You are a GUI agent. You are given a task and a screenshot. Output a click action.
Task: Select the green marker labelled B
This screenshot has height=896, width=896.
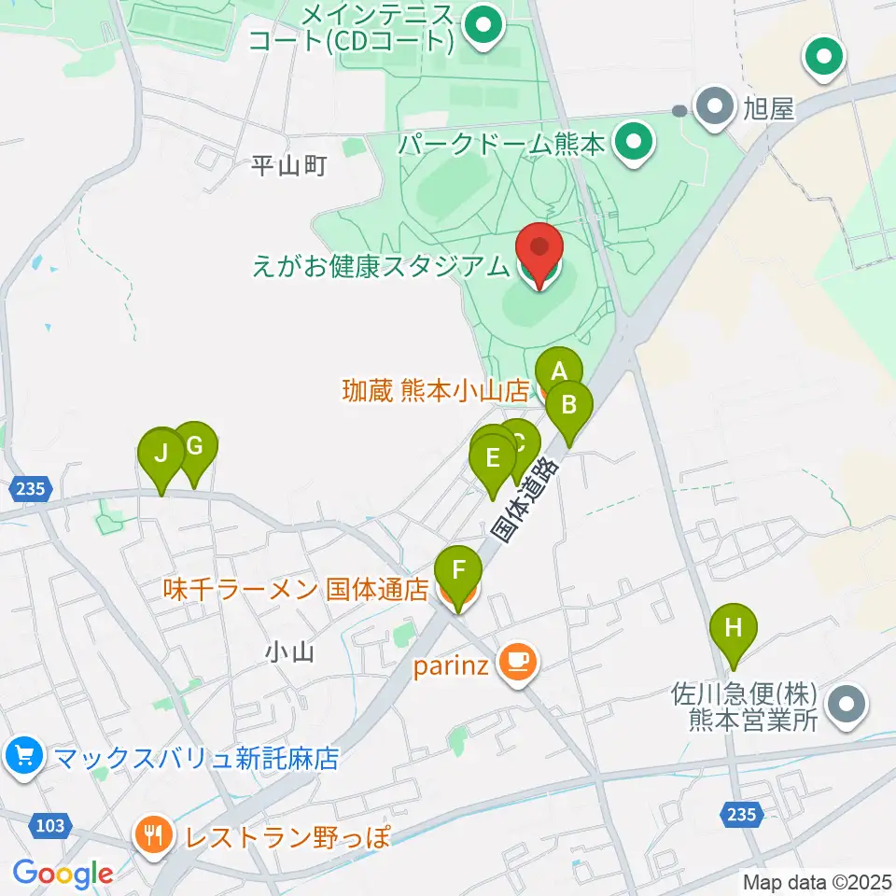coord(569,406)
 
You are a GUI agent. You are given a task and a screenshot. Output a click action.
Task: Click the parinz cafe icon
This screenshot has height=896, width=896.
coord(516,663)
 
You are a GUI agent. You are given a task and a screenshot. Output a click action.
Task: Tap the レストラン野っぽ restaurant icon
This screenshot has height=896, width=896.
coord(151,834)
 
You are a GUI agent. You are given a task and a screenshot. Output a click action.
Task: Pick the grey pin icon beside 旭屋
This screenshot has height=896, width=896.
coord(716,109)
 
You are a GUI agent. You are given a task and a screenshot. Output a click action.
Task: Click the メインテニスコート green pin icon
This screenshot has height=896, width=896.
coord(483,27)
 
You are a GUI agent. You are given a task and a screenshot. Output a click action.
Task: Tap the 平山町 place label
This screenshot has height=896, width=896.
coord(289,166)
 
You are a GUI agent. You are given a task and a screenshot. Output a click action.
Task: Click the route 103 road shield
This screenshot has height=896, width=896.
coord(53,824)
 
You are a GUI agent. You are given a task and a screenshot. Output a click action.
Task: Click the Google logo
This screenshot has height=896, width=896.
coord(63,875)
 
